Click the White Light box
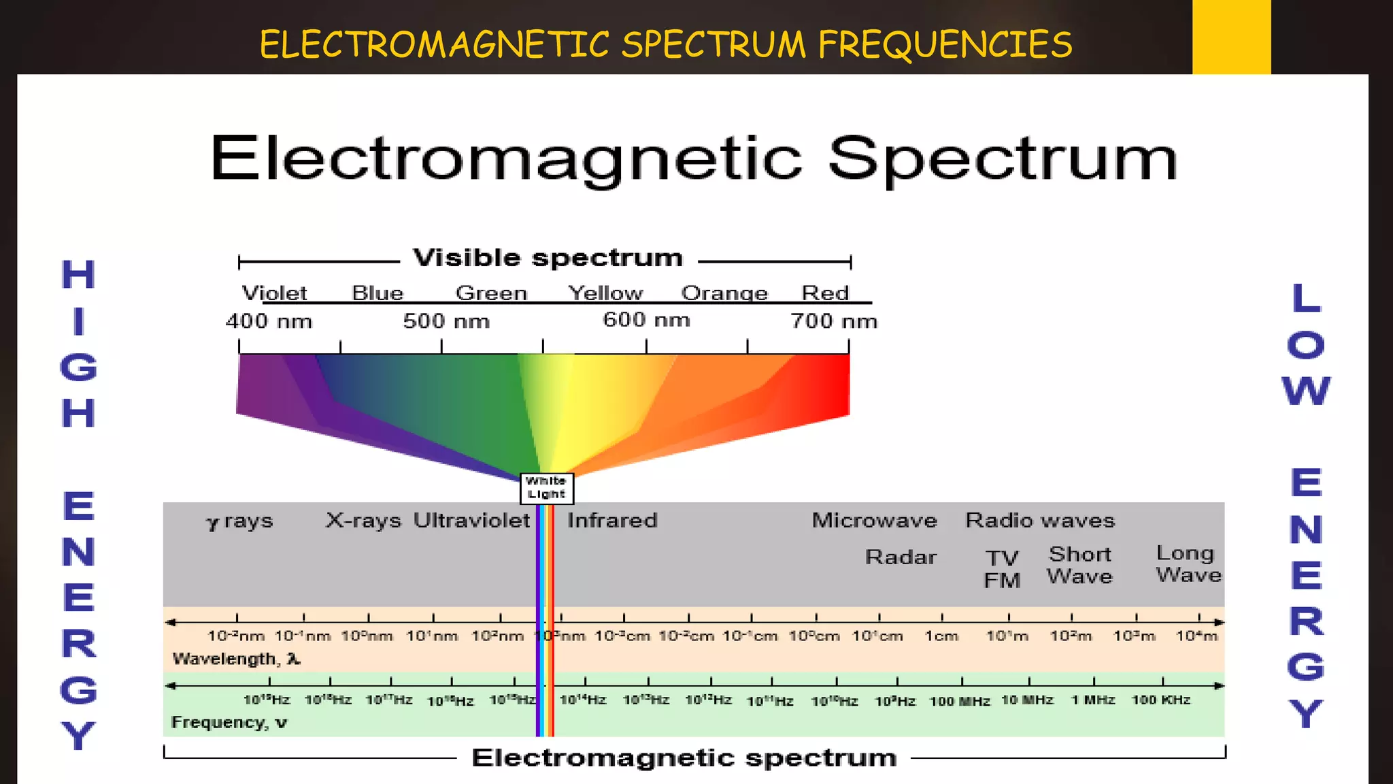546,488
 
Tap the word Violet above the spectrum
274,293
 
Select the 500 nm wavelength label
446,321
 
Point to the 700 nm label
833,321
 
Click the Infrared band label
612,521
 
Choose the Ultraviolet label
471,521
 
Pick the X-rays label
363,521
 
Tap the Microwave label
874,521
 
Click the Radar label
901,557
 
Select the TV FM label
1002,569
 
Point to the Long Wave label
1188,564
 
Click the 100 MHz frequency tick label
960,701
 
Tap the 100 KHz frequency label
1160,700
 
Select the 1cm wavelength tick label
941,636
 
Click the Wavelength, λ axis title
236,659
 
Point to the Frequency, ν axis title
229,722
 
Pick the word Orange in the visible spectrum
724,293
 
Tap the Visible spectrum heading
548,258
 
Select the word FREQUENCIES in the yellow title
945,45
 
